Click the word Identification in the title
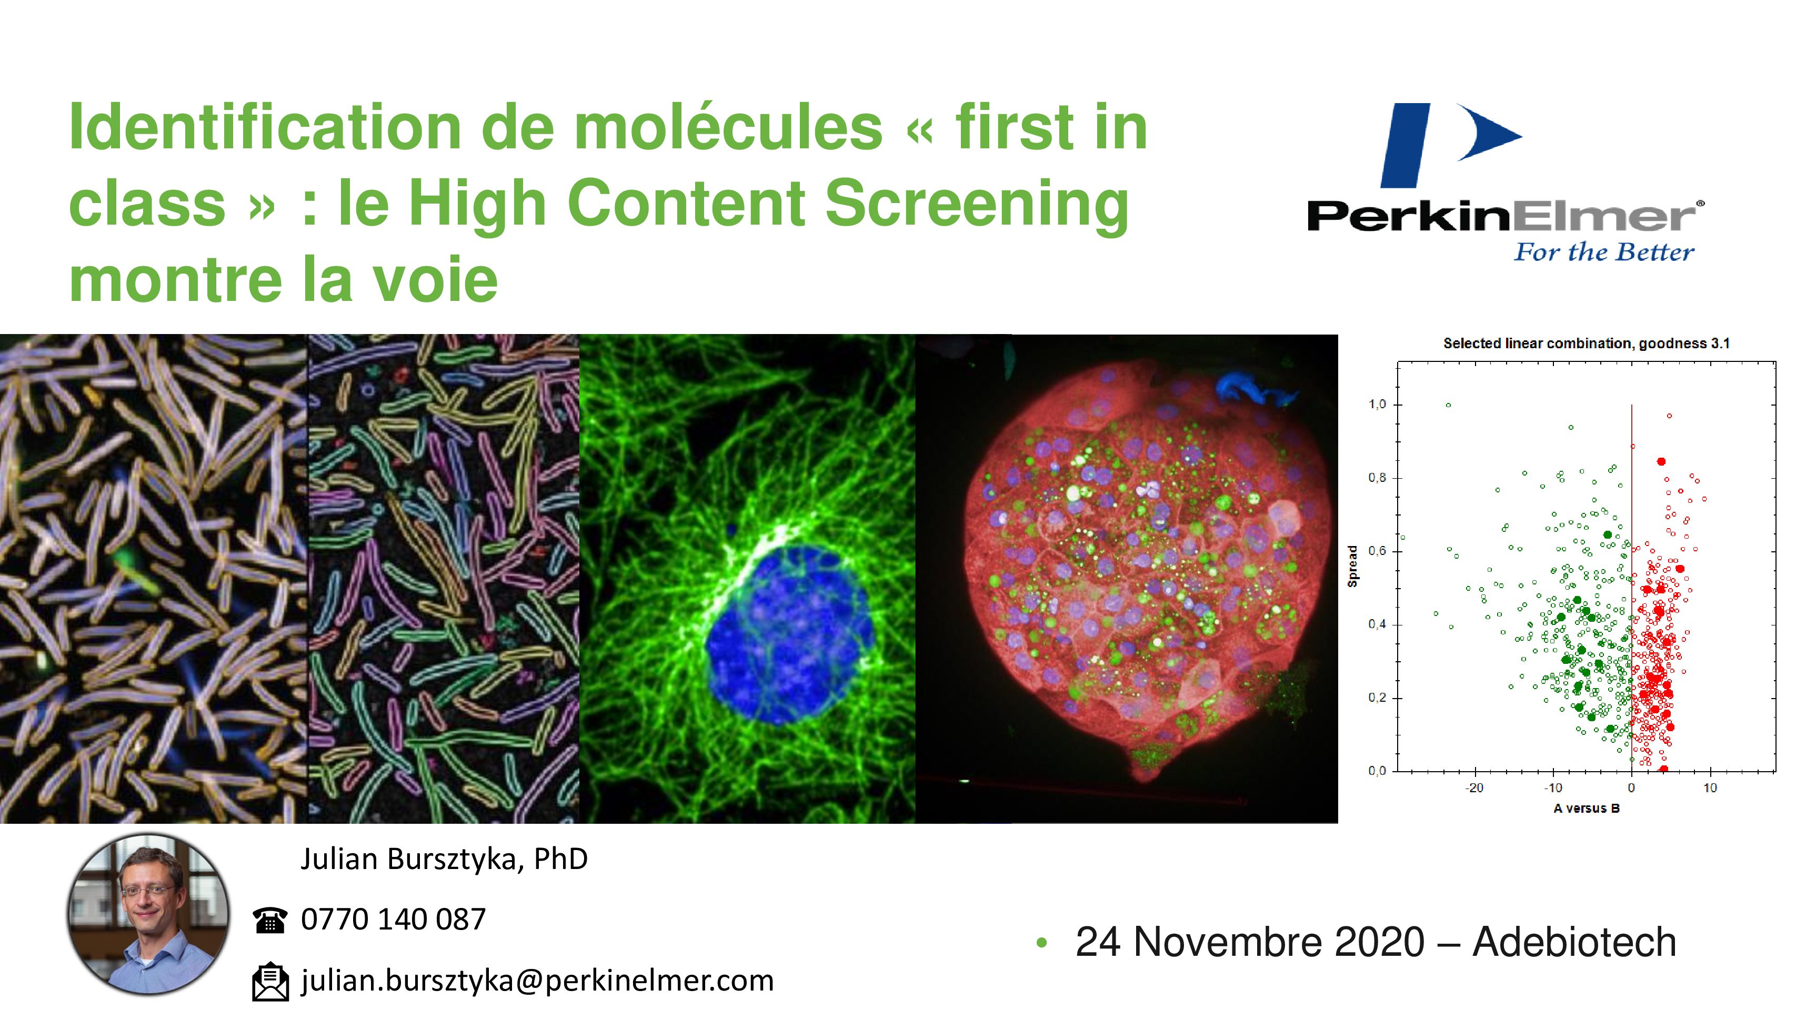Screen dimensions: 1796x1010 pyautogui.click(x=265, y=127)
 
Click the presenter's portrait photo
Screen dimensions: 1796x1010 pyautogui.click(x=148, y=914)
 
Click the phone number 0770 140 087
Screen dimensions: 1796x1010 pyautogui.click(x=393, y=920)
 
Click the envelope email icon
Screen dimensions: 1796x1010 pyautogui.click(x=270, y=982)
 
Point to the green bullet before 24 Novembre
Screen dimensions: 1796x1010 pyautogui.click(x=1041, y=944)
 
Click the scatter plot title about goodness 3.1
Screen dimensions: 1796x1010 pyautogui.click(x=1586, y=343)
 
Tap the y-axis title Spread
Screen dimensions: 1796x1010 pyautogui.click(x=1352, y=566)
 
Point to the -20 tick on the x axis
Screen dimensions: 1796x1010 pyautogui.click(x=1474, y=787)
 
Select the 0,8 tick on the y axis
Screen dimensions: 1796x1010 pyautogui.click(x=1377, y=478)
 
